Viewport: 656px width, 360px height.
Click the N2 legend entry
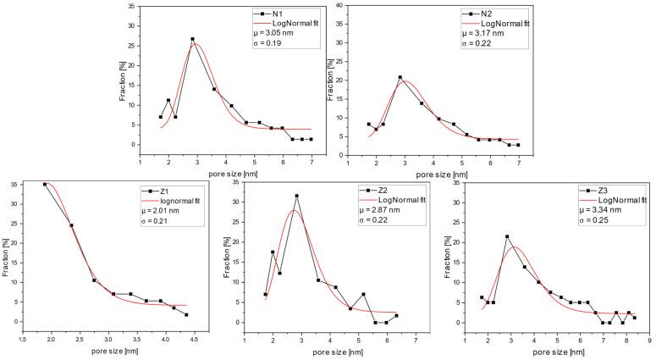pyautogui.click(x=489, y=14)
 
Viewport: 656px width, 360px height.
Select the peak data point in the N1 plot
pyautogui.click(x=192, y=39)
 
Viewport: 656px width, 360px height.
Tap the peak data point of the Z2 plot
pyautogui.click(x=296, y=196)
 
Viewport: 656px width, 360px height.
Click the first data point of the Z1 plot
pyautogui.click(x=45, y=184)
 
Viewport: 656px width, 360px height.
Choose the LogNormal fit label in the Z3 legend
pyautogui.click(x=615, y=201)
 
